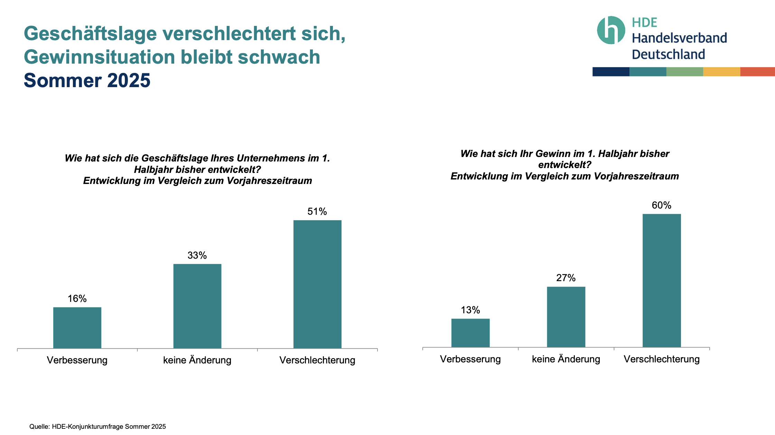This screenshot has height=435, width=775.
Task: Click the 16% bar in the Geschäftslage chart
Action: coord(77,327)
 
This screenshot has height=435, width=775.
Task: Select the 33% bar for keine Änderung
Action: coord(197,306)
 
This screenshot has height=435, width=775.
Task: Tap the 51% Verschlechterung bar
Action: coord(317,284)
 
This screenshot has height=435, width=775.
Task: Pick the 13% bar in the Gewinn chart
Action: coord(470,333)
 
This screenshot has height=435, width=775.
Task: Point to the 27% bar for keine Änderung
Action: coord(566,317)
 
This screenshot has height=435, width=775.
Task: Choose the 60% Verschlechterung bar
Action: coord(662,280)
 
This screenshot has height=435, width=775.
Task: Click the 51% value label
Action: coord(317,212)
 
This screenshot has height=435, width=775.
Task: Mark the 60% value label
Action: coord(661,205)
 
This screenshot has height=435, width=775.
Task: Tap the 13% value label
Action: coord(470,310)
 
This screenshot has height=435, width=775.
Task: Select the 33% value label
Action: coord(197,256)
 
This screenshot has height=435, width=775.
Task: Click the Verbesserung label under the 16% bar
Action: coord(77,360)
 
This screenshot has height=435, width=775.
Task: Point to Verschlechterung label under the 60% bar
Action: coord(662,359)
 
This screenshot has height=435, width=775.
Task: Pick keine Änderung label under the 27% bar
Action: coord(566,359)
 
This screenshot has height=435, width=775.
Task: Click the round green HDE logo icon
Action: coord(611,30)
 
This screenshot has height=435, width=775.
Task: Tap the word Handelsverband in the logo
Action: coord(679,38)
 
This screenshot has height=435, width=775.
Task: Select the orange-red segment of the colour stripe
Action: coord(757,72)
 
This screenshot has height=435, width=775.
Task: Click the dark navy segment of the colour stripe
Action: coord(611,72)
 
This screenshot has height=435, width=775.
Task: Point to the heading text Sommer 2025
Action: coord(87,81)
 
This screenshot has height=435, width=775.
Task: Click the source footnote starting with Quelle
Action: coord(97,427)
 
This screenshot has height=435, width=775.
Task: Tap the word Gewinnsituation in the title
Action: coord(100,57)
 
